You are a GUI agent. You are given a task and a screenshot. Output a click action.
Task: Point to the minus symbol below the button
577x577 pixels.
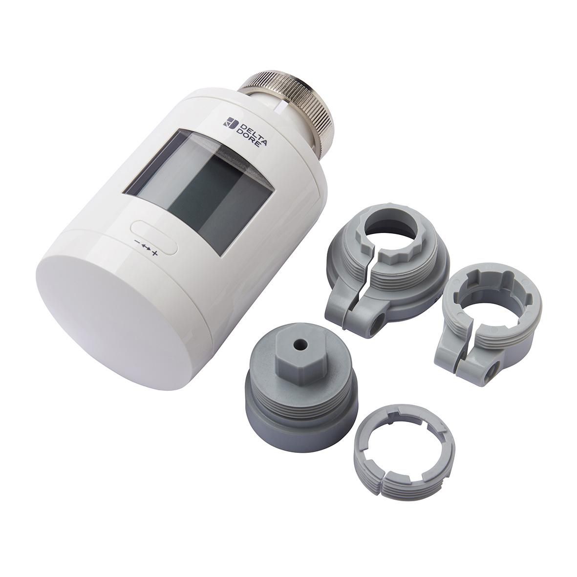(x=138, y=242)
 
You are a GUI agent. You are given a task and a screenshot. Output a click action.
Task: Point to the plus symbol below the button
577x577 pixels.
(x=155, y=253)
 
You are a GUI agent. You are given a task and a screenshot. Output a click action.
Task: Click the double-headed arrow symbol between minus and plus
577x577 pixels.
(x=147, y=248)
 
